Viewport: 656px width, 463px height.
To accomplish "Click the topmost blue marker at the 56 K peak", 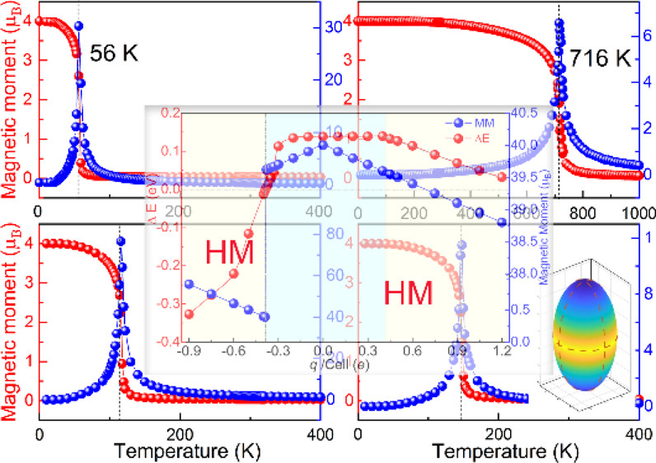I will pos(79,26).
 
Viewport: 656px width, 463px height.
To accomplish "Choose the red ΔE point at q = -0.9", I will pos(189,314).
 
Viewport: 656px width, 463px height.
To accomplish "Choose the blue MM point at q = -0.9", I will pos(189,283).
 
